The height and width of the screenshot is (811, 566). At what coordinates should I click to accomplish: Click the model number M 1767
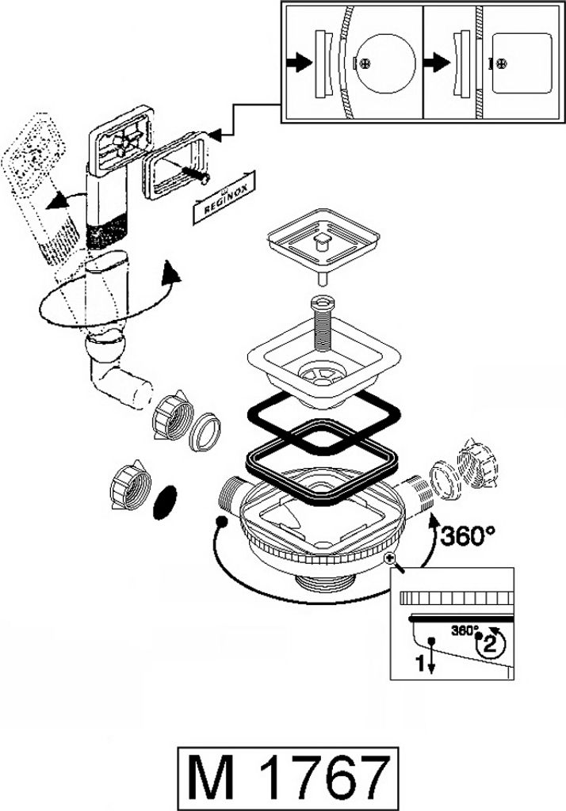tap(288, 779)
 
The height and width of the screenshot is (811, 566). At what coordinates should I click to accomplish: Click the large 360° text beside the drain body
tap(468, 536)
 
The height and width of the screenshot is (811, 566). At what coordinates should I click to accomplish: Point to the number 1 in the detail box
tap(421, 663)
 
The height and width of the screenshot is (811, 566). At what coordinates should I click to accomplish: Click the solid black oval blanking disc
tap(165, 501)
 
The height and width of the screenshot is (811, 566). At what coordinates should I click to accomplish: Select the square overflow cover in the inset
tap(521, 63)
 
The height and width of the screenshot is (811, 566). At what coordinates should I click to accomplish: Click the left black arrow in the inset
tap(300, 63)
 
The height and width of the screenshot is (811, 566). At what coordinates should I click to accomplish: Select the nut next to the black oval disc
tap(129, 483)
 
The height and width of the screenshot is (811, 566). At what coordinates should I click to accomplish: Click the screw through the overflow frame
tap(194, 173)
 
